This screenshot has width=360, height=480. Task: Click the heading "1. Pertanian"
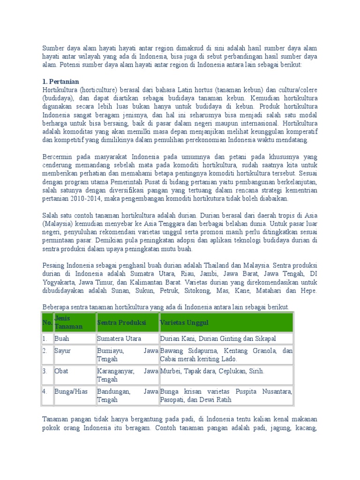click(x=60, y=81)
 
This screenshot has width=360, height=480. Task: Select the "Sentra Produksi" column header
click(x=121, y=323)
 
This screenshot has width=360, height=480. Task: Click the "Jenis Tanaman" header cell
click(x=68, y=322)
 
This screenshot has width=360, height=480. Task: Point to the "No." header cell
click(x=47, y=323)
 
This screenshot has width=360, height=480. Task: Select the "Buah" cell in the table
click(x=62, y=338)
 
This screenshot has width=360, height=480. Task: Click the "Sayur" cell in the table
click(x=63, y=351)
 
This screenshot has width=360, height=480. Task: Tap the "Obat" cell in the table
click(x=62, y=371)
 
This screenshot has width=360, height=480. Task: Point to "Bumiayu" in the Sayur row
click(x=110, y=351)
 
